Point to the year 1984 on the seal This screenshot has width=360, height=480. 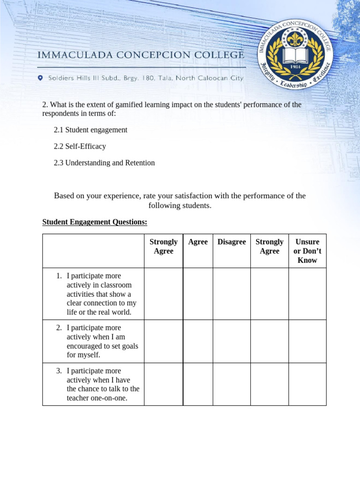tap(296, 67)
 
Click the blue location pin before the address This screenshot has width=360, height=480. tap(40, 78)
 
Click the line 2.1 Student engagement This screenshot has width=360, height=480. tap(90, 130)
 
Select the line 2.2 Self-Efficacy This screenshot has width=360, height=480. tap(80, 146)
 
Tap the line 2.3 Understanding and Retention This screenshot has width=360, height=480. tap(104, 163)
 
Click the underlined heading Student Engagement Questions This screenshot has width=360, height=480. tap(95, 222)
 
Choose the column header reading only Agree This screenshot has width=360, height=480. tap(198, 242)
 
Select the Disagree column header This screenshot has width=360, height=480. tap(232, 242)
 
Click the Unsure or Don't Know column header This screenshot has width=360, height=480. tap(307, 251)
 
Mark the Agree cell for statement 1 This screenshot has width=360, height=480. tap(198, 294)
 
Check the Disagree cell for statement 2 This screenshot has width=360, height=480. tap(232, 341)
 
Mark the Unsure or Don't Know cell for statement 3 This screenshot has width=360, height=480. tap(307, 384)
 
